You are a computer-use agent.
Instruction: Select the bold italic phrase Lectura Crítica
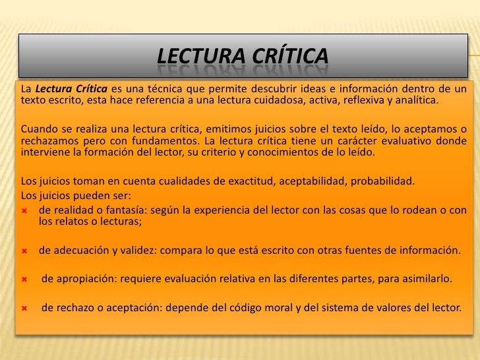tap(71, 90)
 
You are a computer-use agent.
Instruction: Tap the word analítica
tap(413, 102)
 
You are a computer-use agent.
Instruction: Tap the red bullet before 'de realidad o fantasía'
tap(24, 210)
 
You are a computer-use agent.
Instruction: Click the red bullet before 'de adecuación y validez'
tap(24, 251)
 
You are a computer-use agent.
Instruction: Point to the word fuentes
tap(371, 251)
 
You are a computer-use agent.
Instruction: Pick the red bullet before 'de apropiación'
tap(24, 279)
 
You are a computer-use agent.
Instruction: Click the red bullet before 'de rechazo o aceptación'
tap(24, 307)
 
